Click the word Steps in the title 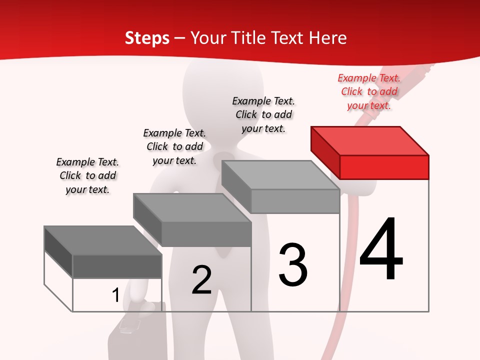point(147,38)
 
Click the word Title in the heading point(249,38)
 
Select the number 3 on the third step point(293,265)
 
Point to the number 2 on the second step point(201,280)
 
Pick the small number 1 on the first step point(115,295)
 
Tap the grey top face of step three point(280,175)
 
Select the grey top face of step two point(192,207)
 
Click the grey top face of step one point(103,240)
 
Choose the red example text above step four point(369,91)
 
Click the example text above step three point(263,114)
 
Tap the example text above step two point(174,146)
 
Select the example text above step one point(87,175)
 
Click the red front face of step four point(384,167)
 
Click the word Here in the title point(328,38)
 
